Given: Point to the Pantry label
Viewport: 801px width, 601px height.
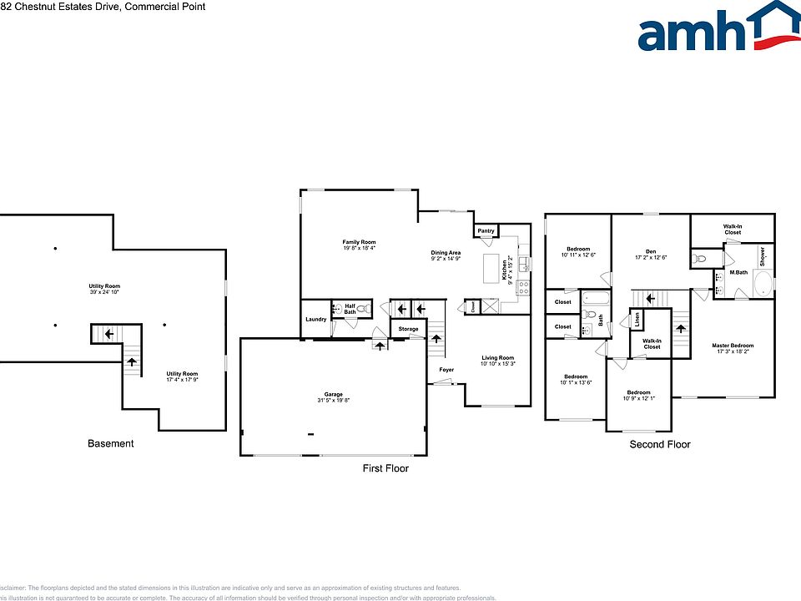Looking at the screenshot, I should point(486,230).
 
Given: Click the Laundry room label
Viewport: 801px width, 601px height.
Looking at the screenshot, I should point(315,319).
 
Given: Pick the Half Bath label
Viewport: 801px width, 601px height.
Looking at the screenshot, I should point(350,309).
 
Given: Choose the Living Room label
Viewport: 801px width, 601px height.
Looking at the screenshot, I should point(497,360).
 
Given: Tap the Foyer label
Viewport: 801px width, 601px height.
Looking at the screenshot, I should point(446,369).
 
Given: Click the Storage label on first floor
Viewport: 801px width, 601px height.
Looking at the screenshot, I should point(408,329).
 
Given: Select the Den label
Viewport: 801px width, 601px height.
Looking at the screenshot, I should point(650,252).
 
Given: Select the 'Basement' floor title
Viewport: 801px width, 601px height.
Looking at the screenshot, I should point(111,443).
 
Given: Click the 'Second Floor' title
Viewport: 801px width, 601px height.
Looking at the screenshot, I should point(659,444).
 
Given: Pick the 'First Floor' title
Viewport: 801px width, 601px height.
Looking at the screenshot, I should point(385,468).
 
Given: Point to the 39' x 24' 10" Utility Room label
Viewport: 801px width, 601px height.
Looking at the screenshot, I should point(105,289).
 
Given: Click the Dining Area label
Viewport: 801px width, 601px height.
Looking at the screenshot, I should point(446,255).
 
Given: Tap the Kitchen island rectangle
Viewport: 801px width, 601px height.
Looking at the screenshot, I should point(491,270).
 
